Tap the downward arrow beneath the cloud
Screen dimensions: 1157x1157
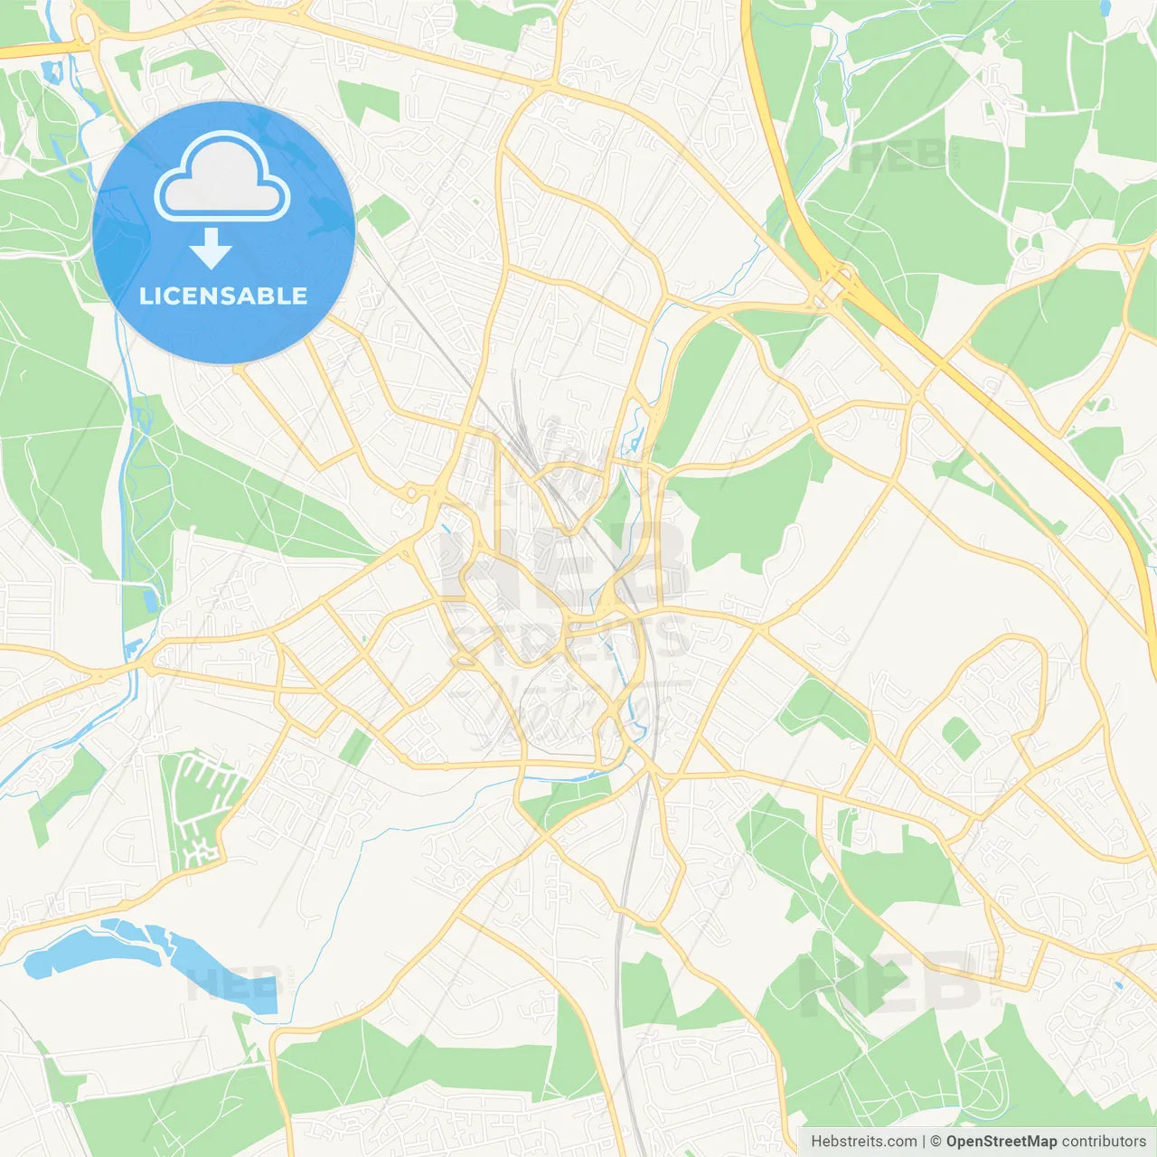pyautogui.click(x=211, y=249)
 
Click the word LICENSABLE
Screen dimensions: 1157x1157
pyautogui.click(x=223, y=296)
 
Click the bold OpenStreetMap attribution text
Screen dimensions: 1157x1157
pyautogui.click(x=1002, y=1142)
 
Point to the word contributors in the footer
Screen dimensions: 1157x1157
pyautogui.click(x=1104, y=1142)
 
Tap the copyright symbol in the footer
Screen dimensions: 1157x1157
pyautogui.click(x=936, y=1142)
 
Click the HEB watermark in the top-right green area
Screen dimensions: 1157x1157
pyautogui.click(x=899, y=155)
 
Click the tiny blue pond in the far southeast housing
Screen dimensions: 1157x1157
pyautogui.click(x=1119, y=984)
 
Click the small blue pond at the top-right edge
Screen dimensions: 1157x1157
pyautogui.click(x=1105, y=7)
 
